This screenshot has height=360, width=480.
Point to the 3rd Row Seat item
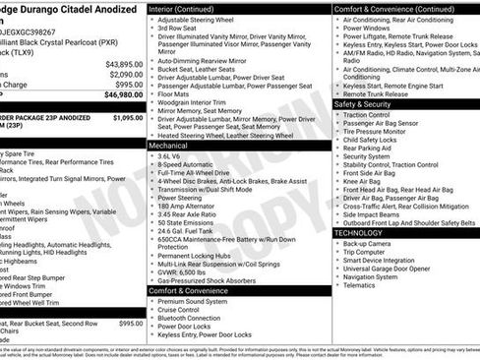(x=182, y=29)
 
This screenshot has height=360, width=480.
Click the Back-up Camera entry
(x=368, y=243)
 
